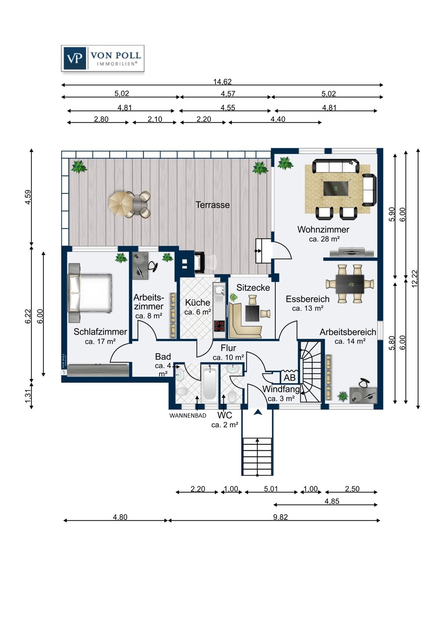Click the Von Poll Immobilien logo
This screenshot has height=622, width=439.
[x=103, y=58]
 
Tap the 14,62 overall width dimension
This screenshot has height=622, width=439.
[x=222, y=82]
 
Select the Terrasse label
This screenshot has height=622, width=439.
[x=213, y=205]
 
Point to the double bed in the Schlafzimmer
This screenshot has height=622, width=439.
[x=90, y=293]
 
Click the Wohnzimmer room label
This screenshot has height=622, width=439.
[x=323, y=229]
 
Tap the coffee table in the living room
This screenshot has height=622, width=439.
[x=336, y=189]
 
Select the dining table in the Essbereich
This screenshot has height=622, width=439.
[x=350, y=284]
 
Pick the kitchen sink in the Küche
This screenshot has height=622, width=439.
[x=219, y=291]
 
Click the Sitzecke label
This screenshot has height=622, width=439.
[x=253, y=288]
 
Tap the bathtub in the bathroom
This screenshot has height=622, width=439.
[x=210, y=383]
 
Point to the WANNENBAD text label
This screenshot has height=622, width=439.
[x=188, y=415]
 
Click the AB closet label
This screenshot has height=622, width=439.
[x=289, y=378]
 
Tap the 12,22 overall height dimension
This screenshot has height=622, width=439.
[x=415, y=279]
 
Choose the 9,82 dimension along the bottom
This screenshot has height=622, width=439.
[x=280, y=517]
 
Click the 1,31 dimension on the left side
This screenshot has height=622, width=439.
[x=28, y=396]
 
